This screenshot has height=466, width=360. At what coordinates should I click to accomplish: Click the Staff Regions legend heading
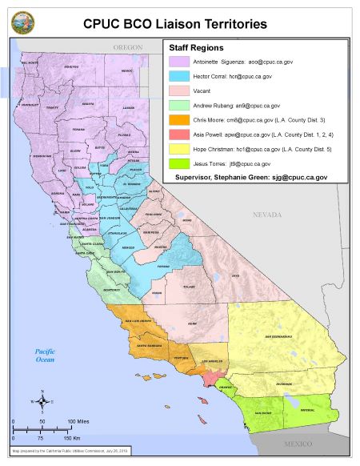197,48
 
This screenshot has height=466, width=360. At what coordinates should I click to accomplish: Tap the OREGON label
127,48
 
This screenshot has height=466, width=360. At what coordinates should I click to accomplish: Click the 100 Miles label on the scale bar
75,420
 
